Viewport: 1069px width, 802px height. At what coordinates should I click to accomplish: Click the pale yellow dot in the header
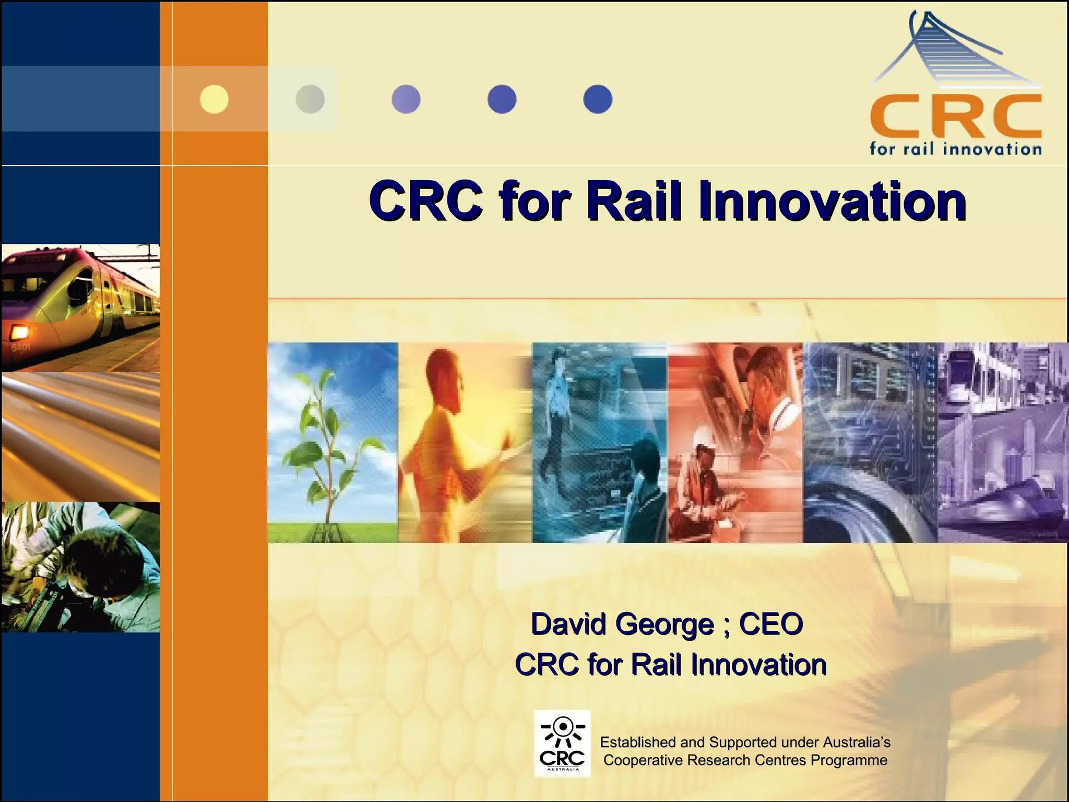(x=214, y=99)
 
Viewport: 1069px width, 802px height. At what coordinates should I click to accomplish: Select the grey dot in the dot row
(x=310, y=99)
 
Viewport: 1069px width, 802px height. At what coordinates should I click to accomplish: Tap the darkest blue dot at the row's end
(x=598, y=99)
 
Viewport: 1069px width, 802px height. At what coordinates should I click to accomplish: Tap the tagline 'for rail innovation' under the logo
(x=955, y=149)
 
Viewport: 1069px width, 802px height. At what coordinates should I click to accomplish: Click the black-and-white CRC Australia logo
(x=562, y=743)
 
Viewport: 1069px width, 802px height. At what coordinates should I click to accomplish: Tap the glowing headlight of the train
(x=19, y=331)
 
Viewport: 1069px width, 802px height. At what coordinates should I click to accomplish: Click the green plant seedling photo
(x=332, y=443)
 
